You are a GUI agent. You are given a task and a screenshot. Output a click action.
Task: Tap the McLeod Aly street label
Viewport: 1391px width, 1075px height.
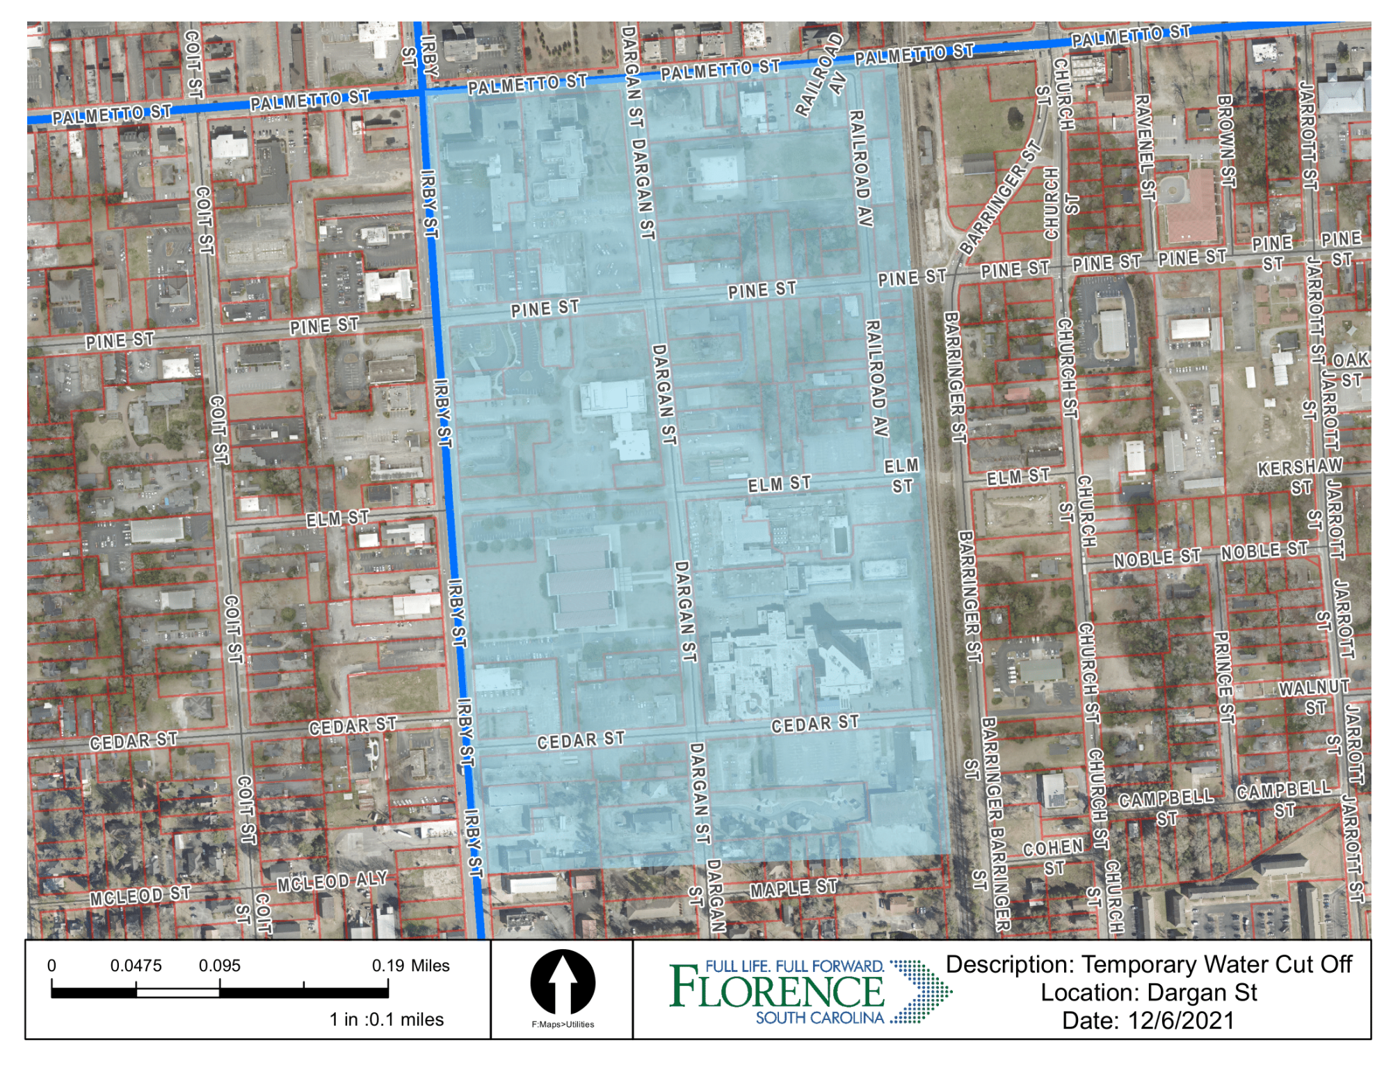[332, 882]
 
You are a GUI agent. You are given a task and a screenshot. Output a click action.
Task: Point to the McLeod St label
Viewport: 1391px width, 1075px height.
[139, 896]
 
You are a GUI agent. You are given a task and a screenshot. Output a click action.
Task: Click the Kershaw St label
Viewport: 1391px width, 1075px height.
[1299, 476]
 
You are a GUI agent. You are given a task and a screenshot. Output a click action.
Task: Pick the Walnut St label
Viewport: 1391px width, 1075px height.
[1314, 696]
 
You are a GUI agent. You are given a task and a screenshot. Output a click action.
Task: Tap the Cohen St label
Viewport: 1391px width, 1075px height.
[1053, 857]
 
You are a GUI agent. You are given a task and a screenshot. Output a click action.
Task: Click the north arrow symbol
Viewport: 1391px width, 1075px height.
[562, 982]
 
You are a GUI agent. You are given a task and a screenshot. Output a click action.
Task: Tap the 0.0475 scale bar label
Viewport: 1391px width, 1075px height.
[136, 966]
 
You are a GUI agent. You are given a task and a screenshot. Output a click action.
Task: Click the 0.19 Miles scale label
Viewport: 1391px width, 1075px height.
[410, 966]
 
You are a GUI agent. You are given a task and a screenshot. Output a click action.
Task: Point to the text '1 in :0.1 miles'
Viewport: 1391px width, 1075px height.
[386, 1019]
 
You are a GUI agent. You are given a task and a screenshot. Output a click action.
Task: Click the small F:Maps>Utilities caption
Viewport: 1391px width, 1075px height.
[563, 1024]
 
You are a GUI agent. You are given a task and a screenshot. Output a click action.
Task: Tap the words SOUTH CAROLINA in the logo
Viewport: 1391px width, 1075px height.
[819, 1018]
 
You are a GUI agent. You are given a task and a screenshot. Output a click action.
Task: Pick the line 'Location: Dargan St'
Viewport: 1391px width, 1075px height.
[1148, 992]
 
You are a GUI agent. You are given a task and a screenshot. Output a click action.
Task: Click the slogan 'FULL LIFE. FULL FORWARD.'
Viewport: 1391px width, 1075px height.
[794, 966]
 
